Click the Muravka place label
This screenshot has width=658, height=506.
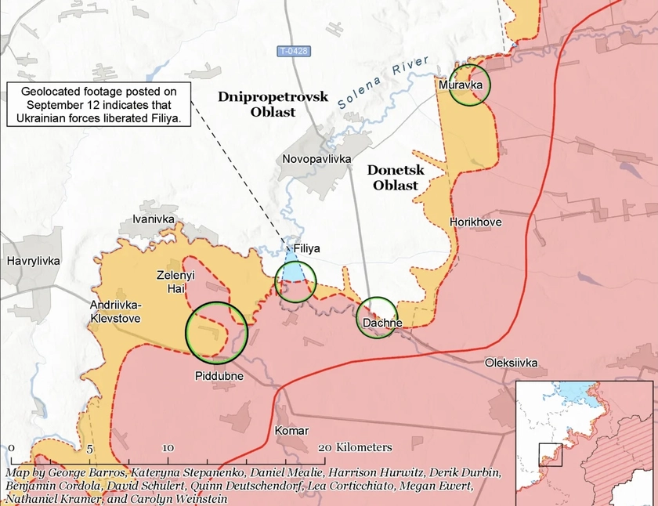tap(460, 84)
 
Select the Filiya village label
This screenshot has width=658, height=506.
tap(306, 248)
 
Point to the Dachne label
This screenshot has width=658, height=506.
tap(383, 323)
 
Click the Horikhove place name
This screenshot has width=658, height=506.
tap(475, 222)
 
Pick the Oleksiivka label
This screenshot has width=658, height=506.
tap(512, 363)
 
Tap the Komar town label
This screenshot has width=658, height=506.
tap(291, 431)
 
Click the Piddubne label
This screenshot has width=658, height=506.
tap(219, 376)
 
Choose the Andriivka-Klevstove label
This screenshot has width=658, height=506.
tap(114, 313)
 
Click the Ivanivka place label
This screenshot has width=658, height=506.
tap(154, 219)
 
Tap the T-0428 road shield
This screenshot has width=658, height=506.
tap(294, 52)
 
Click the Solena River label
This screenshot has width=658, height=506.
tap(384, 82)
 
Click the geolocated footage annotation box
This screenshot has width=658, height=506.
tap(99, 105)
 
